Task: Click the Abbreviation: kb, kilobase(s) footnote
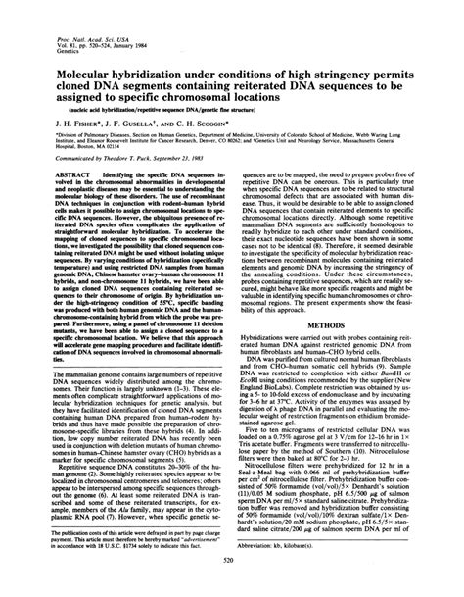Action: click(x=302, y=546)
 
